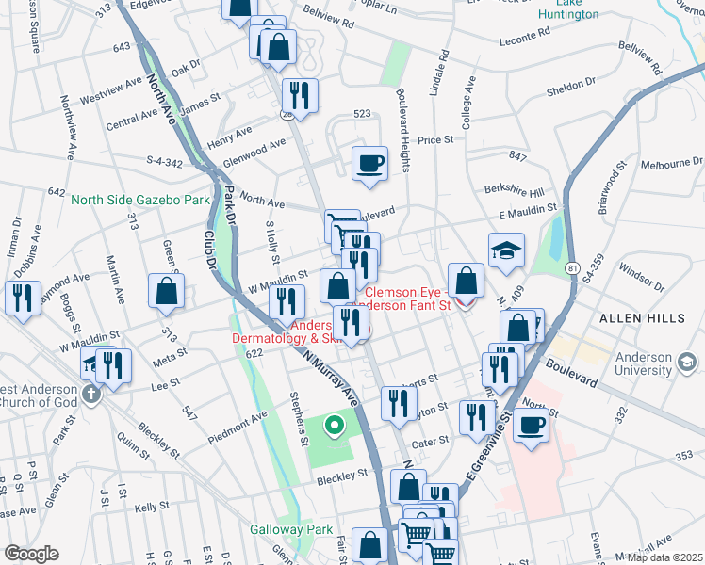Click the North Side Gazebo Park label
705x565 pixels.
coord(141,200)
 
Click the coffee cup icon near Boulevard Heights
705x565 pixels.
coord(369,163)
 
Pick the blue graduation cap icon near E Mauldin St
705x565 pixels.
coord(506,250)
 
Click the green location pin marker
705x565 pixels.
coord(333,427)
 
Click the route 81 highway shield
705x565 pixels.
coord(573,269)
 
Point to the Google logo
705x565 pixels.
coord(31,554)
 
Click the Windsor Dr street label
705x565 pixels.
coord(643,277)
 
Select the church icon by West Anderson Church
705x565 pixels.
coord(91,394)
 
